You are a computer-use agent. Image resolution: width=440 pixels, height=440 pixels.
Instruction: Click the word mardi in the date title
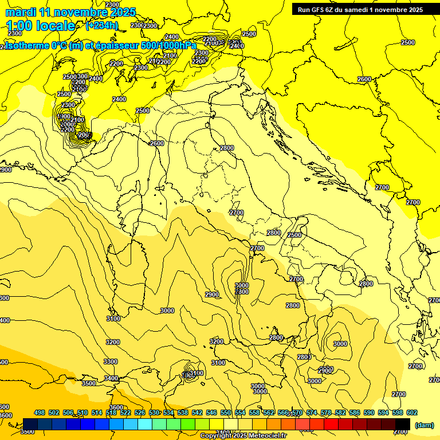click(x=21, y=12)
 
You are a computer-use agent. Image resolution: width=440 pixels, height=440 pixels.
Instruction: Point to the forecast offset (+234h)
click(x=101, y=26)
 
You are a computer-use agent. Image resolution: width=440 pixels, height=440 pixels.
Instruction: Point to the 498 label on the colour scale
click(x=40, y=412)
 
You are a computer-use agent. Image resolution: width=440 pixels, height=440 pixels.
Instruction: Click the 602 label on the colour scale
click(x=412, y=412)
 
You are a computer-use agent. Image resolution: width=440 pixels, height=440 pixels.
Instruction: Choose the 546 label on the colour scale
click(x=211, y=412)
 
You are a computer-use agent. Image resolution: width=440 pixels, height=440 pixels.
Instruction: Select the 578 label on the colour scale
click(x=326, y=412)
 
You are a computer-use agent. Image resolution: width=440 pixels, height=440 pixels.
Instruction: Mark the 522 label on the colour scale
click(x=125, y=412)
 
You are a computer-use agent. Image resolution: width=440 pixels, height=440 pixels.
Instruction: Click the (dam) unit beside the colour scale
click(x=425, y=425)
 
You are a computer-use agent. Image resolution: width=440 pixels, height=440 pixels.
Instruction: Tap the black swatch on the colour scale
click(x=403, y=424)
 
